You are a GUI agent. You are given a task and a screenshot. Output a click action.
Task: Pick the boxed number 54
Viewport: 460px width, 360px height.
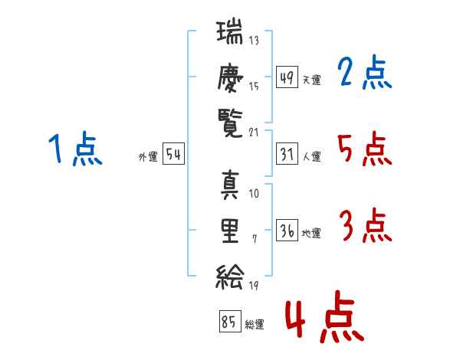(x=173, y=154)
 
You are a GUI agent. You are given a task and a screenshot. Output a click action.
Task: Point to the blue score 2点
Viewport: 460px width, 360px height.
(x=365, y=74)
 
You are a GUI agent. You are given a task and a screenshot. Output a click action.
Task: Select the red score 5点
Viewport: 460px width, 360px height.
(x=365, y=149)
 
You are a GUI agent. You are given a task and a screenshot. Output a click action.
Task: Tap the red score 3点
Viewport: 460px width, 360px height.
(x=365, y=227)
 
